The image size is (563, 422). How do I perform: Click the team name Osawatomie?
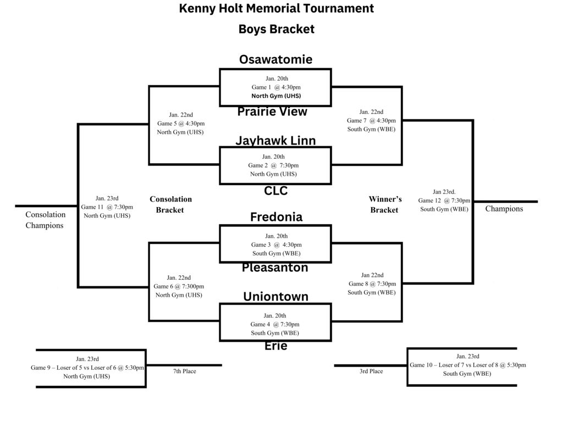pos(275,59)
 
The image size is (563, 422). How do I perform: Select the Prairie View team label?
pos(272,112)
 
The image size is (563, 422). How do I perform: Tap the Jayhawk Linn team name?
pos(275,141)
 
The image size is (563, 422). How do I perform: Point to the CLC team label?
pos(275,191)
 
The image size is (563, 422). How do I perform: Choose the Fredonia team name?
pos(276,217)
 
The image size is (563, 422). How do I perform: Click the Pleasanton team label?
pos(275,268)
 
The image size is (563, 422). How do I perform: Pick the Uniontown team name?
pos(275,297)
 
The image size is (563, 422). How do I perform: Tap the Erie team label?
pos(275,346)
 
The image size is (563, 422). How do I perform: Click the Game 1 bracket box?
pos(275,87)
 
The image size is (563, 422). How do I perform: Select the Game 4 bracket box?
pos(275,323)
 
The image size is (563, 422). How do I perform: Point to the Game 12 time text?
pos(444,201)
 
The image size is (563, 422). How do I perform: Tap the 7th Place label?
pos(185,371)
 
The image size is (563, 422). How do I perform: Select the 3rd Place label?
pos(371,371)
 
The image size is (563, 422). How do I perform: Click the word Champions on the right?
pos(504,209)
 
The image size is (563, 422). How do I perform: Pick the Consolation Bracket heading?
pos(170,204)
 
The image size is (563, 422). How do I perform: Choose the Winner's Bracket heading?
pos(385,204)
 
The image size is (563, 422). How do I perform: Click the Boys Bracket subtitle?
pos(276,29)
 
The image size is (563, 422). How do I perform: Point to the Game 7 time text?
pos(371,120)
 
